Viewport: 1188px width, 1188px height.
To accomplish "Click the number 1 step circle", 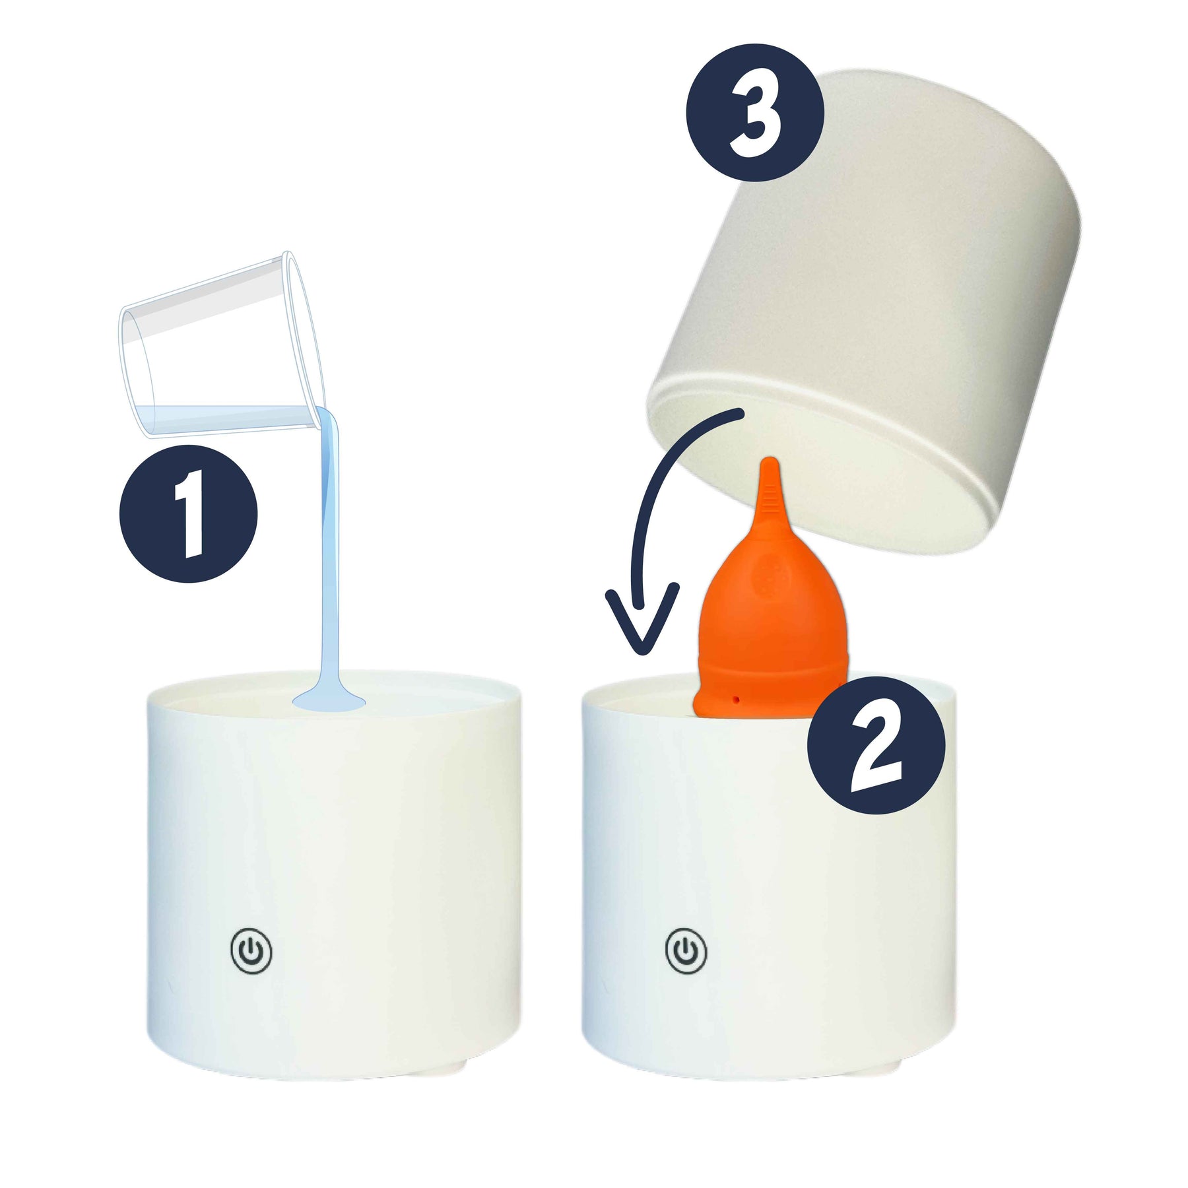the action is pos(188,513).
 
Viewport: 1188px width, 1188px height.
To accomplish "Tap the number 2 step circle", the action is pos(876,744).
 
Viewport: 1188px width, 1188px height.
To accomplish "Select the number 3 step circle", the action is pos(755,112).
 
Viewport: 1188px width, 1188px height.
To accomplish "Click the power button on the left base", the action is pos(251,951).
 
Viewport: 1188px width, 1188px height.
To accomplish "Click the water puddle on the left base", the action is pos(328,701).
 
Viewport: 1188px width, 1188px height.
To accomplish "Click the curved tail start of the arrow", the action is pos(741,412).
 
